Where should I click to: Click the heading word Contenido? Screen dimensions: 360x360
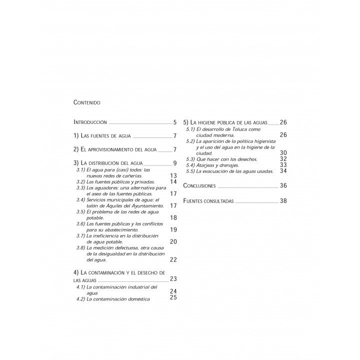(87, 102)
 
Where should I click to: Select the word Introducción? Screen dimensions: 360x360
(90, 122)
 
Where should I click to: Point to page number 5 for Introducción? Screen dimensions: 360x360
(175, 122)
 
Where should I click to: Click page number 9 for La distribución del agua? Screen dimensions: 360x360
(175, 163)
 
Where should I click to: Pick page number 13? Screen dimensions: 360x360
(174, 176)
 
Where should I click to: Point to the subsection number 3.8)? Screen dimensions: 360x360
(80, 247)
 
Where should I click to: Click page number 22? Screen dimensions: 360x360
(174, 259)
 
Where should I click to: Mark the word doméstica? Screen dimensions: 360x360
(137, 299)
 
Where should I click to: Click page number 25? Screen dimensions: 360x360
(174, 298)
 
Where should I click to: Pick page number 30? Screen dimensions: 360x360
(283, 153)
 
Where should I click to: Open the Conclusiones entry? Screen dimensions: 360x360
(200, 186)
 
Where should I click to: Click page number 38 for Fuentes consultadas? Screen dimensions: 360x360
(283, 201)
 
